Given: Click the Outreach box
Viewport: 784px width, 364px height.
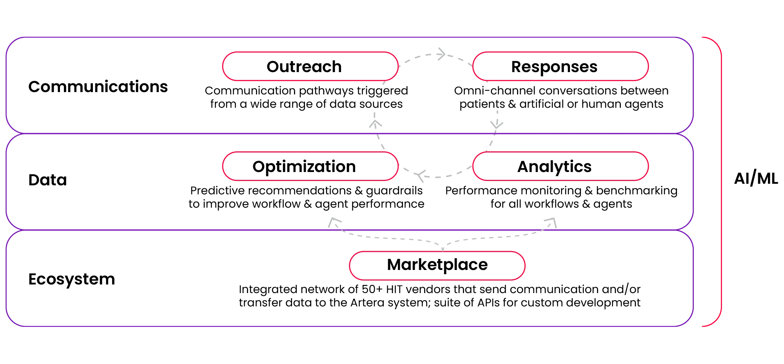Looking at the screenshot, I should (x=310, y=66).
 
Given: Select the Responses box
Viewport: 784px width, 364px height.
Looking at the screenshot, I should (x=560, y=66).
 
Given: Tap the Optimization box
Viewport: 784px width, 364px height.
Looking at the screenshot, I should (x=310, y=166).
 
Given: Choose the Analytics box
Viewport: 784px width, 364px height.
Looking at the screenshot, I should (x=560, y=166).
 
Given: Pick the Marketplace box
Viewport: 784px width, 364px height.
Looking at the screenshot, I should (x=437, y=265).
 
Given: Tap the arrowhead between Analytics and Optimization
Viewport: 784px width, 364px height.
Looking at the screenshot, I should (x=422, y=177).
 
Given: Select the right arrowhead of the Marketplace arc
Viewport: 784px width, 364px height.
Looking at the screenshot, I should (x=551, y=222).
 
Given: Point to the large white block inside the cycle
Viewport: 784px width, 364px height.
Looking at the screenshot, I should (x=430, y=99).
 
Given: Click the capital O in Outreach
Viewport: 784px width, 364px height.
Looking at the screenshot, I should (x=273, y=67).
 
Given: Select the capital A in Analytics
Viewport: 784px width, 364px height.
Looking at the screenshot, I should (x=524, y=167).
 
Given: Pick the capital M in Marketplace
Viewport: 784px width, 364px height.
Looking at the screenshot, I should (x=395, y=265).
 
